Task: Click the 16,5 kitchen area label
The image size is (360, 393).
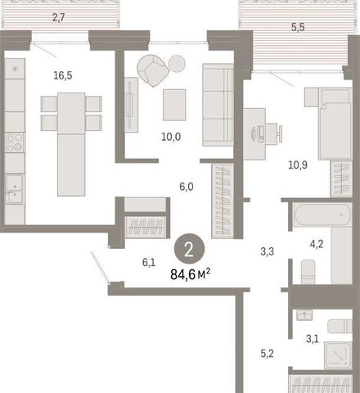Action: point(63,75)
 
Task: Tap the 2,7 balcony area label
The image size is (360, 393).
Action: point(59,18)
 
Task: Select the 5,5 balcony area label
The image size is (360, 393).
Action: point(298,27)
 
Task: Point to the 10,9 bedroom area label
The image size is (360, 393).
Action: point(298,165)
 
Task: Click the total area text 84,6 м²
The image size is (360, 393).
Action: point(190,274)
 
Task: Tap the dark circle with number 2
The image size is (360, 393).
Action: point(189,250)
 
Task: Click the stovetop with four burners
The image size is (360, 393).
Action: point(15,142)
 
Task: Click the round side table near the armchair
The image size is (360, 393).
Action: point(177,64)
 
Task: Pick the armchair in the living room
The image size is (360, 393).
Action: point(153,70)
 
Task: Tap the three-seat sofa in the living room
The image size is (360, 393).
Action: point(218,105)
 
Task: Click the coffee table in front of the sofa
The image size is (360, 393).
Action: point(174,105)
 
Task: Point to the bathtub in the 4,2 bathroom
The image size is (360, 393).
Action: point(323,215)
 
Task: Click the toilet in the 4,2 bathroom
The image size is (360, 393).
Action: point(308,272)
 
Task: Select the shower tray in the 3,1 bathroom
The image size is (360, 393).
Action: point(338,355)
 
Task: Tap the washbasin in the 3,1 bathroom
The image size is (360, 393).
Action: point(304,315)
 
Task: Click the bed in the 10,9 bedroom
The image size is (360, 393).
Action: point(335,124)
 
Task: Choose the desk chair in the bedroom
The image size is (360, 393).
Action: point(273,133)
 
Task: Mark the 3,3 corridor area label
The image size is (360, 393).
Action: point(268,251)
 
